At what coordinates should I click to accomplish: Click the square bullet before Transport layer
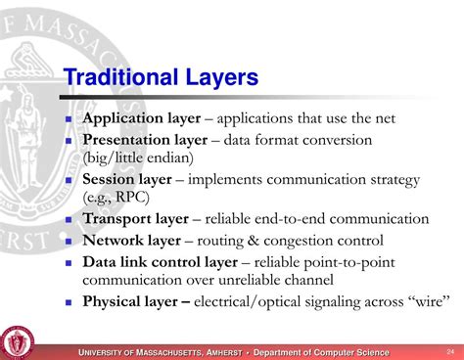coord(70,220)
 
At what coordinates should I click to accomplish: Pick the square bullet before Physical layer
coord(70,302)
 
